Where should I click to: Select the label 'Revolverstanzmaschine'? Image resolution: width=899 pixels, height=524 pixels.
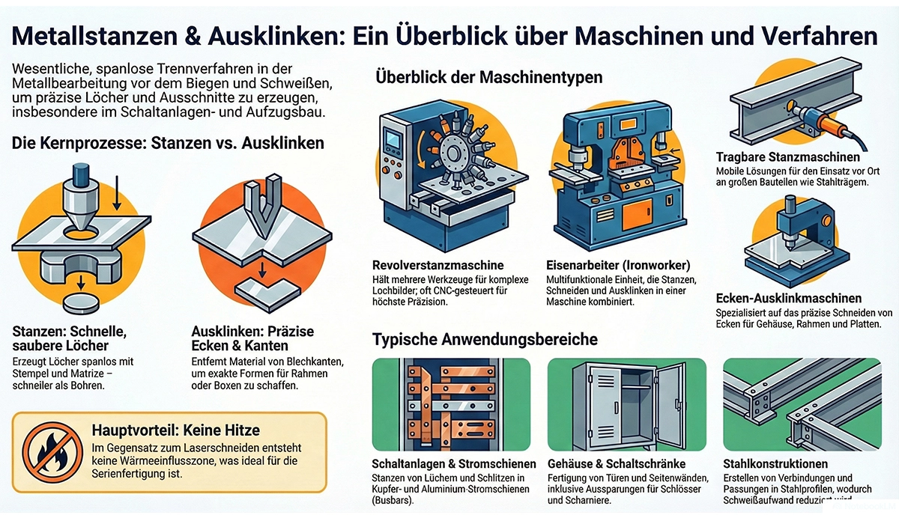point(438,265)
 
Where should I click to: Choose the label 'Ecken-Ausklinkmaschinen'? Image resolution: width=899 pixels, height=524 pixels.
point(798,296)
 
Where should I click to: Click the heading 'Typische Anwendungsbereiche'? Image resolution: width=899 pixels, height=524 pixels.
point(485,339)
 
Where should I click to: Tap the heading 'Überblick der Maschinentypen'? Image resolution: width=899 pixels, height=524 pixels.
point(487,77)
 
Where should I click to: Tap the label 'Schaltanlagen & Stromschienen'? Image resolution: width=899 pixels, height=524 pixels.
point(454,464)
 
